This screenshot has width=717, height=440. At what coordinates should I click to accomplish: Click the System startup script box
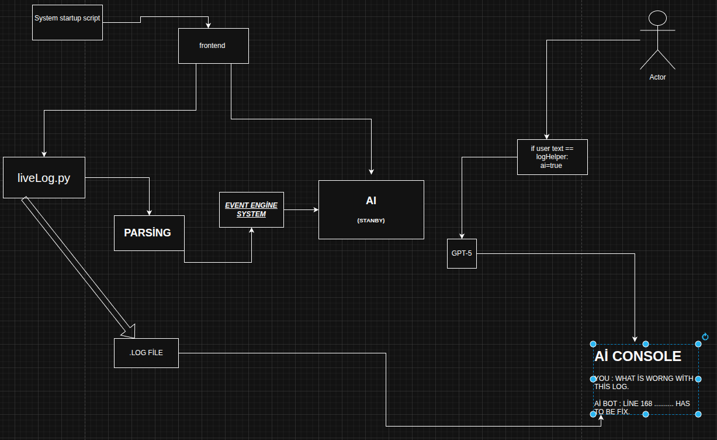click(x=67, y=22)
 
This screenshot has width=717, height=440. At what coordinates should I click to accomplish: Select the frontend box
click(x=213, y=46)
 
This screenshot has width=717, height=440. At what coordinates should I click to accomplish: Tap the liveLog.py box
click(x=44, y=178)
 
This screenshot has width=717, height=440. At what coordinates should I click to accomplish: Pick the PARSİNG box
click(x=149, y=233)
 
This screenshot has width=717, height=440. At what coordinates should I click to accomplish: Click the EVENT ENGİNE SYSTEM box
click(x=251, y=209)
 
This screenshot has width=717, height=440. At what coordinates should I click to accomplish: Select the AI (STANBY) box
click(x=371, y=209)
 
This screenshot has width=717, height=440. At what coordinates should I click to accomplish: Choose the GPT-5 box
click(x=462, y=253)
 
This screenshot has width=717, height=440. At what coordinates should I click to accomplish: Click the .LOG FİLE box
click(x=146, y=353)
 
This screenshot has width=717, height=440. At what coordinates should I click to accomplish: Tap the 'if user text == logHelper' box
click(x=552, y=157)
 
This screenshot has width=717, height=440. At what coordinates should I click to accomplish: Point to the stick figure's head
click(x=657, y=18)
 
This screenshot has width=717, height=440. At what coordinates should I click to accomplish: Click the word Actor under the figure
click(x=657, y=77)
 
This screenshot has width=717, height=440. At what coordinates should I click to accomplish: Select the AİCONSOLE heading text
click(x=638, y=356)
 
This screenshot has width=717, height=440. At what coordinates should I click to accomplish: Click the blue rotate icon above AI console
click(x=705, y=336)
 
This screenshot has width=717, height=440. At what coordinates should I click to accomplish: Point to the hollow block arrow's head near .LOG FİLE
click(x=127, y=331)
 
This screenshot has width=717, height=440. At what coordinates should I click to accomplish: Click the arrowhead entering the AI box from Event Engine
click(x=316, y=209)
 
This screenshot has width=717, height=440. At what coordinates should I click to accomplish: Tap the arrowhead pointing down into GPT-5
click(x=462, y=236)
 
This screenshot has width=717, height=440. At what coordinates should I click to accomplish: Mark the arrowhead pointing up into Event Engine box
click(x=252, y=231)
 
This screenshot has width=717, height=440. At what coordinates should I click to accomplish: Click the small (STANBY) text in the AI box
click(x=371, y=221)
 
